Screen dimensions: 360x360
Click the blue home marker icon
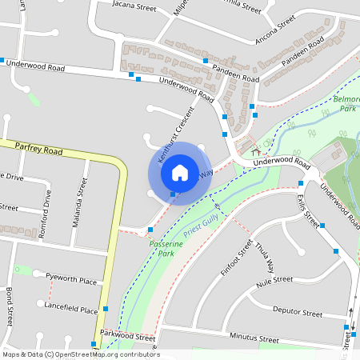pos(180,171)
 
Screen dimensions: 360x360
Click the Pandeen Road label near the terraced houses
pos(238,74)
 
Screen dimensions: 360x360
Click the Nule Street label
pos(275,281)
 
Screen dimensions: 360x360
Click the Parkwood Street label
pos(127,338)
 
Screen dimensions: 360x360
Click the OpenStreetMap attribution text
pos(80,354)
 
